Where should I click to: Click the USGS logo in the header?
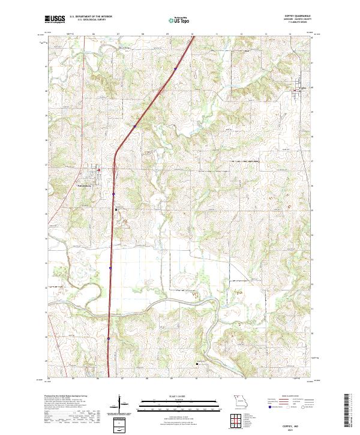(55, 19)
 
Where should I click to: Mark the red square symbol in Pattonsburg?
(99, 170)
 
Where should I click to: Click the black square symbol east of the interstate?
(116, 209)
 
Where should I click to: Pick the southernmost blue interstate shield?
(109, 338)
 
